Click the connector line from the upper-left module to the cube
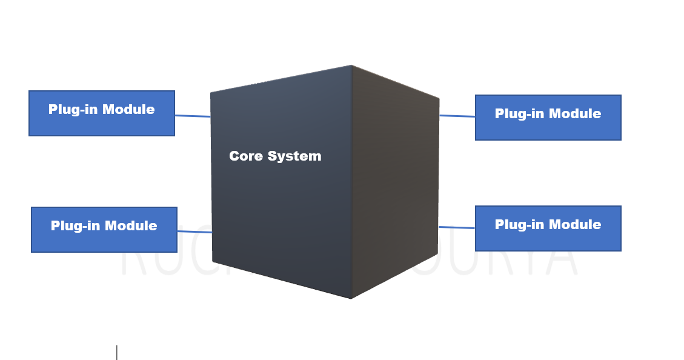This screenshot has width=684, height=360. coord(193,116)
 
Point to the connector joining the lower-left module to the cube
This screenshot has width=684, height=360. coord(194,232)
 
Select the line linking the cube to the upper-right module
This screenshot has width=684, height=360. coord(457,116)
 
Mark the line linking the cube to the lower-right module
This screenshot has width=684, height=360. coord(457,228)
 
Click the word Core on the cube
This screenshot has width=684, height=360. coord(246,156)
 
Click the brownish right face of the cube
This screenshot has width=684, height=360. coord(394,182)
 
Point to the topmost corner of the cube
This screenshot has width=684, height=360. coord(351,65)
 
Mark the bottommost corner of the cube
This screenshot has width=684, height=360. coord(351,298)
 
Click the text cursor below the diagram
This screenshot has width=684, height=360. coord(116,352)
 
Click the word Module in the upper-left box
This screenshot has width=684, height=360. coord(128,110)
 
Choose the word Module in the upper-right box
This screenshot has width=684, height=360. coord(575,114)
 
